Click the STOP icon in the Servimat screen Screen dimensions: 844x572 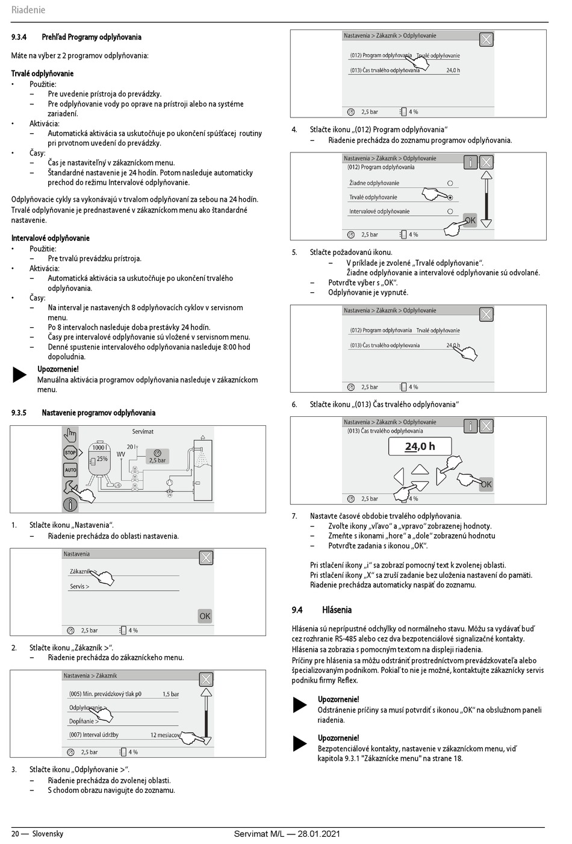tap(70, 452)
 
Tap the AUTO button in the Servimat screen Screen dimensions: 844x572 tap(70, 470)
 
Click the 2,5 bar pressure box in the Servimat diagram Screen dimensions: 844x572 tap(157, 457)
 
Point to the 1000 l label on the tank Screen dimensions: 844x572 tap(99, 448)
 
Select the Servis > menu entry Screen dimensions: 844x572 tap(79, 586)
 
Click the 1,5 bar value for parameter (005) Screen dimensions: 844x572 tap(170, 694)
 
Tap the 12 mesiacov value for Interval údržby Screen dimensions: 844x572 tap(165, 735)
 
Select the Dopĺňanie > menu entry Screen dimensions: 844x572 tap(83, 721)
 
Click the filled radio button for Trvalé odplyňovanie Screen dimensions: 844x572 tap(450, 197)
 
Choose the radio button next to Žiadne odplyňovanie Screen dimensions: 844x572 tap(450, 183)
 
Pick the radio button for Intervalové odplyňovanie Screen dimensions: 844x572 tap(450, 211)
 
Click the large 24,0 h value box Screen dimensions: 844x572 tap(420, 446)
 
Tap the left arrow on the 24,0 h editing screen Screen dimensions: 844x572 tap(399, 477)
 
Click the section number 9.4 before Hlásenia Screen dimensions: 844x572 tap(297, 610)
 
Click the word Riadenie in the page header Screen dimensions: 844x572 tap(28, 10)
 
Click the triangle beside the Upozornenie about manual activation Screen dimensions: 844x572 tap(20, 375)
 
